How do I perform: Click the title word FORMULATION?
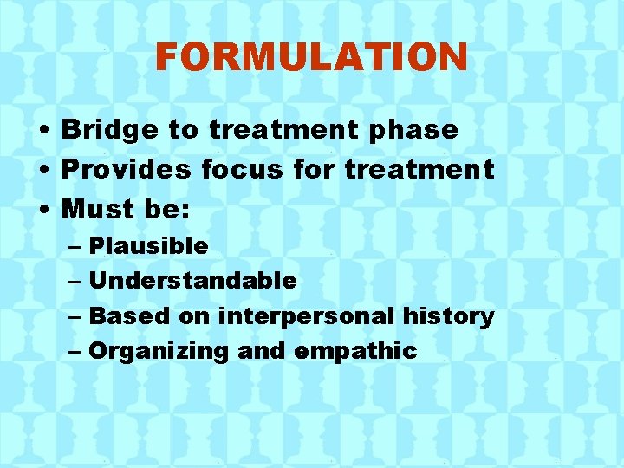pos(311,58)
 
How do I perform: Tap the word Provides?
pos(127,169)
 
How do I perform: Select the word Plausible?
pos(148,246)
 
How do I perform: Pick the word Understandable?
pos(192,281)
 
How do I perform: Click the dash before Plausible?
pos(75,247)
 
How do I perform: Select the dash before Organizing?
pos(75,351)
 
